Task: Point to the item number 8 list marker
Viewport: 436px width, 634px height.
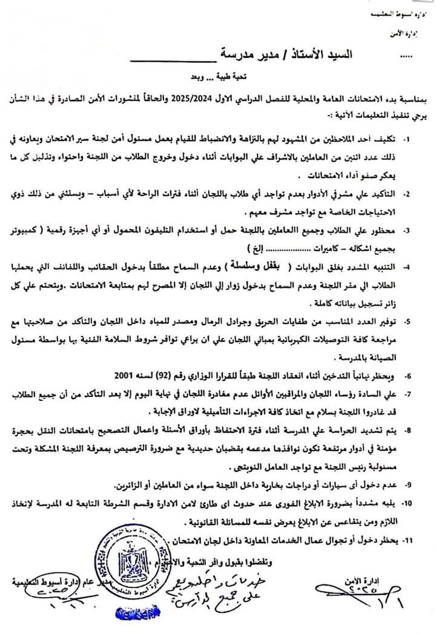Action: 424,431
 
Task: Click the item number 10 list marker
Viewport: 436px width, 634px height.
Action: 423,503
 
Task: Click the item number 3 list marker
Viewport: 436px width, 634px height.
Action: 424,231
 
